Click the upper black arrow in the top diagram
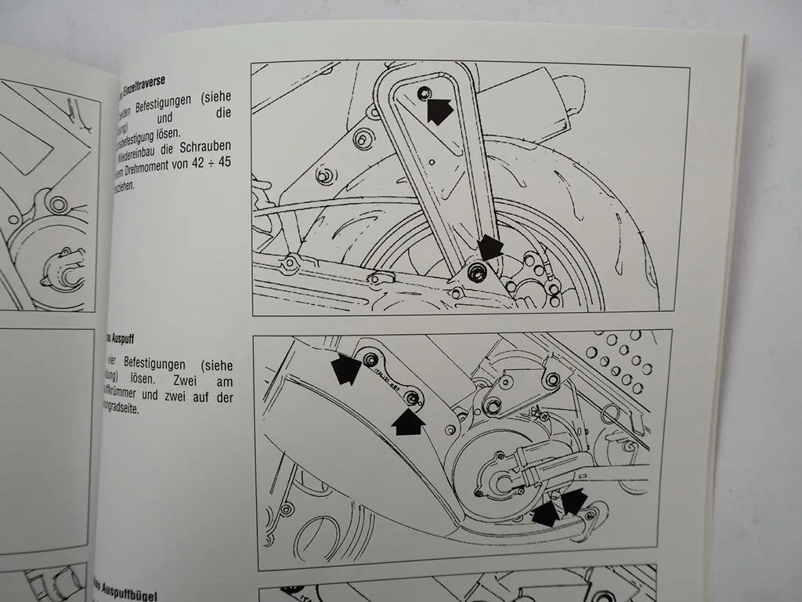tap(439, 111)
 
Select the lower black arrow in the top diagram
tap(491, 248)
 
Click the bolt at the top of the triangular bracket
tap(424, 95)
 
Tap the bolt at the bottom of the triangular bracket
tap(474, 271)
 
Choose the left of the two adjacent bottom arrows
tap(546, 513)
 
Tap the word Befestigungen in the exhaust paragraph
tap(157, 366)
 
